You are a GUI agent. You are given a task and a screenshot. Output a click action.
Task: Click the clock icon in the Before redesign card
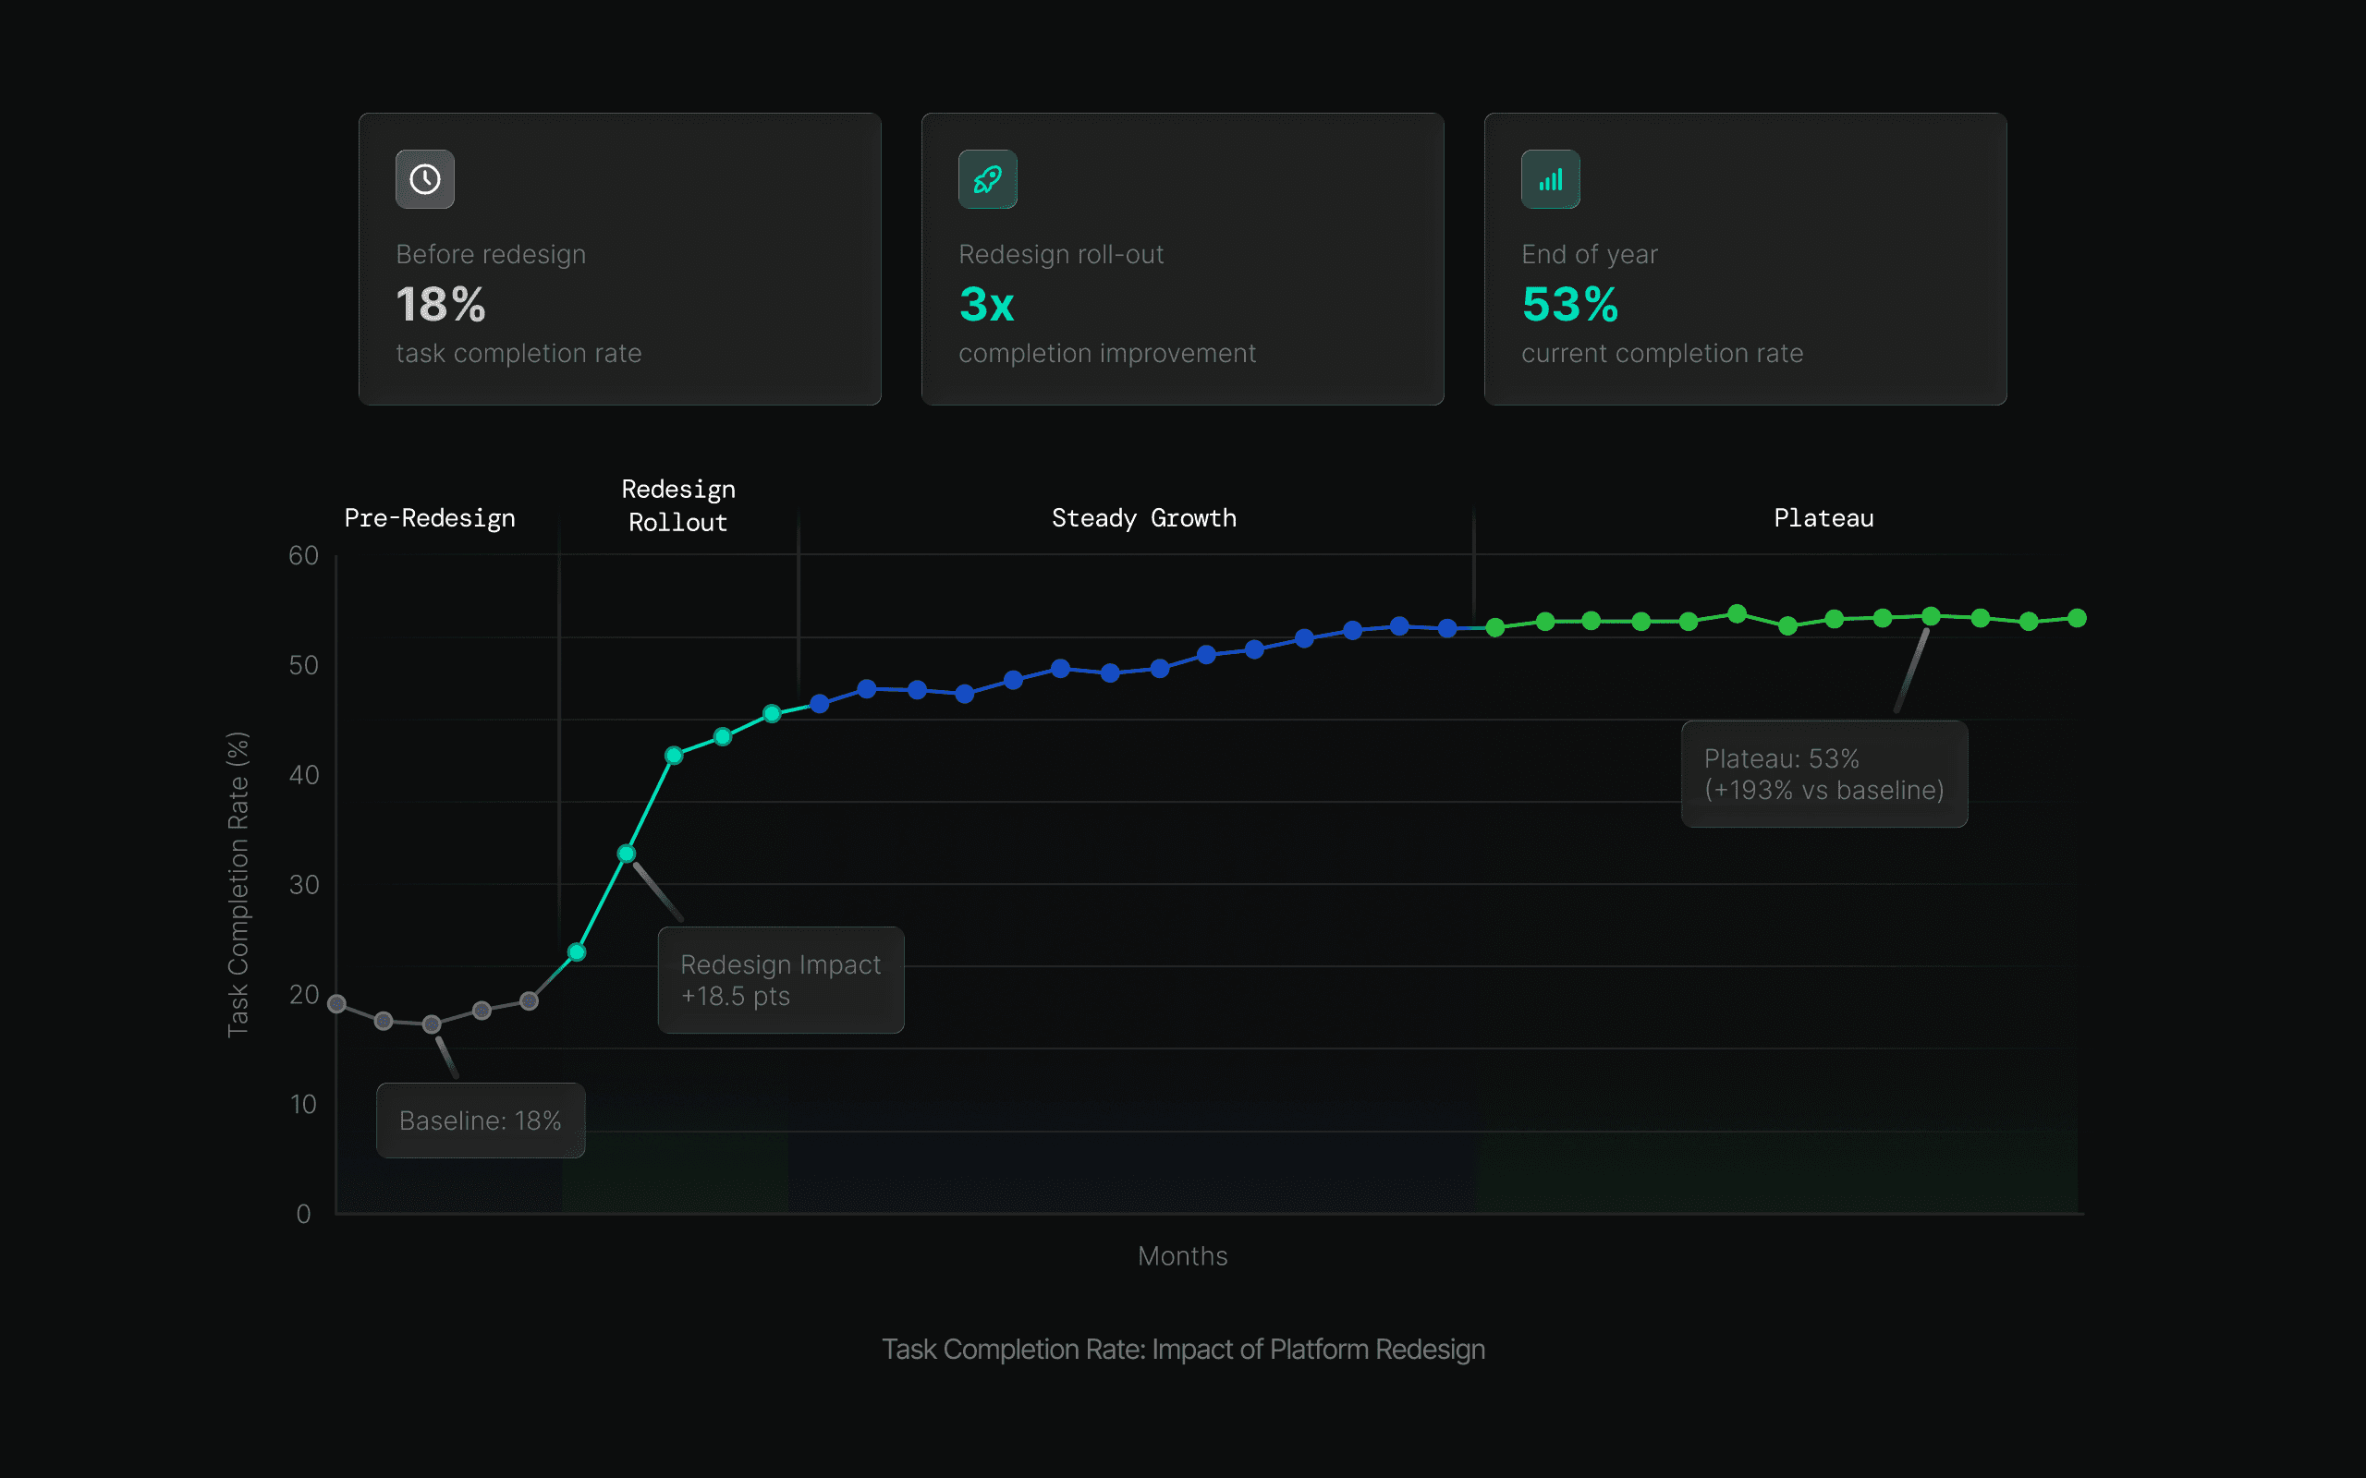click(x=425, y=180)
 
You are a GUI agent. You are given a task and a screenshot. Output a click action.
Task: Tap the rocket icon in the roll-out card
click(x=987, y=180)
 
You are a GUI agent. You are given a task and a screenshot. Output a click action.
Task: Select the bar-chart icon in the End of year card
click(x=1551, y=180)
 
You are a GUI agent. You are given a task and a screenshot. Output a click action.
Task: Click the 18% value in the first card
click(x=441, y=305)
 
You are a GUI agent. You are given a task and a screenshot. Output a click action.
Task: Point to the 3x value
click(x=986, y=305)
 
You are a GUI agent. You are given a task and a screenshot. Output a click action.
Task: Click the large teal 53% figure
click(x=1570, y=305)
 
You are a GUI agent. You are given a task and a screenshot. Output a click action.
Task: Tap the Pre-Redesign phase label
click(x=430, y=518)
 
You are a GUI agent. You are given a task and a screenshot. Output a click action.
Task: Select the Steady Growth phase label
click(x=1144, y=518)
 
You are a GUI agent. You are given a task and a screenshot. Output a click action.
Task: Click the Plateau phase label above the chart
click(x=1823, y=518)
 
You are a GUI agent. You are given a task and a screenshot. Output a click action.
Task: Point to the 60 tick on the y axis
click(x=303, y=555)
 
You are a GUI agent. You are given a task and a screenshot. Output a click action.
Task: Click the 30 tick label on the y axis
click(x=303, y=885)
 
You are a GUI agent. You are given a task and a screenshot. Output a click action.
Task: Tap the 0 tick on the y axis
click(x=303, y=1214)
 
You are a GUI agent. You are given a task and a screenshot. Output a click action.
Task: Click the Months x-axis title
click(x=1182, y=1256)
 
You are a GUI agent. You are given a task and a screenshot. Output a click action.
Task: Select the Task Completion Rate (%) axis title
click(x=238, y=884)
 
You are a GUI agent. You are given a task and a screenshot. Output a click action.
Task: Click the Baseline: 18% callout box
click(x=480, y=1121)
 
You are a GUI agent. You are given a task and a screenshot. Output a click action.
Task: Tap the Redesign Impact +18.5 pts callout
click(x=780, y=979)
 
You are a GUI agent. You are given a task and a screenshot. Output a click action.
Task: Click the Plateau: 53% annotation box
click(x=1823, y=774)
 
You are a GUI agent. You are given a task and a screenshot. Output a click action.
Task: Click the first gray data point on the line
click(x=337, y=1004)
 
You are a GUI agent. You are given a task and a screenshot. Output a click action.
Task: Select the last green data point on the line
click(x=2078, y=618)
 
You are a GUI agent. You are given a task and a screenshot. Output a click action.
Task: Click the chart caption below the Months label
click(x=1183, y=1349)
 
